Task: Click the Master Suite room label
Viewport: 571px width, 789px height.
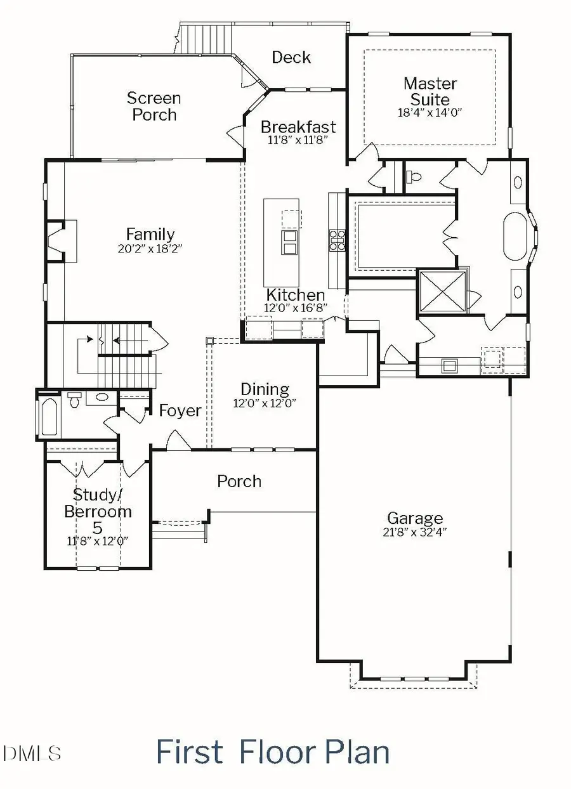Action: (x=430, y=91)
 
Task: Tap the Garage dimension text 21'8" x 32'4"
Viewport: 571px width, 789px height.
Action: (x=416, y=533)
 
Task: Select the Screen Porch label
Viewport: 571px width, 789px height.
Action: (x=154, y=106)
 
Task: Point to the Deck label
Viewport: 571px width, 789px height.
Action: (x=291, y=57)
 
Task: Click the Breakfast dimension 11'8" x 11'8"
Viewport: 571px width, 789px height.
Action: (x=298, y=140)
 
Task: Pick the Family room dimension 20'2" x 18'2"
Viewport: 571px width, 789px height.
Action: (x=150, y=248)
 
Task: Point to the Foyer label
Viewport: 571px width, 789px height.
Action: (x=180, y=410)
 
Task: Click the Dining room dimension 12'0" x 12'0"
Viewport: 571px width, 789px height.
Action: (x=265, y=403)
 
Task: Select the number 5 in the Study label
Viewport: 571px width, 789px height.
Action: (x=98, y=528)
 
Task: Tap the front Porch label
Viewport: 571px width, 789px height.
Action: (x=239, y=481)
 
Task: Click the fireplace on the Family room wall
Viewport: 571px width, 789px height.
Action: (x=60, y=241)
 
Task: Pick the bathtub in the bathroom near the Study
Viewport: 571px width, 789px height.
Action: (x=49, y=416)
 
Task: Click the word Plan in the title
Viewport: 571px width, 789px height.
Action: (x=357, y=752)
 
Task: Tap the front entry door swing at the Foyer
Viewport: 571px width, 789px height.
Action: (x=175, y=440)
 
